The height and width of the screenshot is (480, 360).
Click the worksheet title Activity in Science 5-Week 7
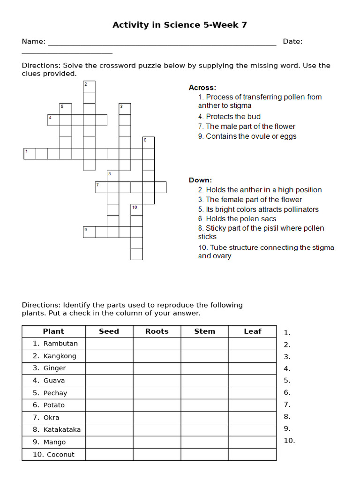(180, 25)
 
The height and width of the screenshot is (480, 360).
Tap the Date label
(292, 41)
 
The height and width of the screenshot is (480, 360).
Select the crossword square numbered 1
(30, 154)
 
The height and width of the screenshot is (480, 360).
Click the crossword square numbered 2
(90, 86)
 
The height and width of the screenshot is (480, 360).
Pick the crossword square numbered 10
(136, 210)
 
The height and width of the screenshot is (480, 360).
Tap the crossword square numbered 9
(89, 232)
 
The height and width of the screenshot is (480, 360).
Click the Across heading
(202, 88)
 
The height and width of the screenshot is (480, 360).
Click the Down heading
(200, 180)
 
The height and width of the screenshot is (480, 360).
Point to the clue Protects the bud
(233, 117)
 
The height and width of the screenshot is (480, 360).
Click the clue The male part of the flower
(250, 127)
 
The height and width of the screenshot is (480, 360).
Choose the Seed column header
(109, 331)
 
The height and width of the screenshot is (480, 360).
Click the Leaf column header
(252, 331)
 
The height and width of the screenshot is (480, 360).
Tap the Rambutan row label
(60, 344)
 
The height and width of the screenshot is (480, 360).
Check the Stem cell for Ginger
(204, 368)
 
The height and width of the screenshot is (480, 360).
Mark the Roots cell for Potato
(157, 405)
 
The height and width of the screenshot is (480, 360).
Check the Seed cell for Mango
(109, 442)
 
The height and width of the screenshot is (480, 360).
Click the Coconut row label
(60, 454)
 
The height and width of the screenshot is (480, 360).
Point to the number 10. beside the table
(289, 441)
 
